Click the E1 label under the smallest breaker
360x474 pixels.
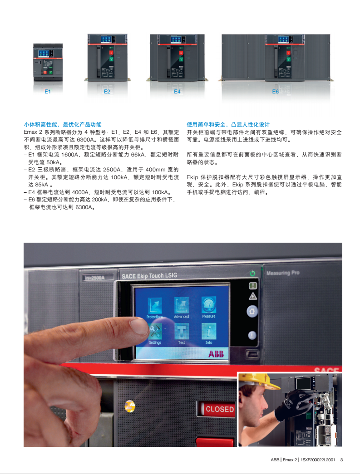[x=48, y=92]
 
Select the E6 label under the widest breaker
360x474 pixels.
[x=275, y=92]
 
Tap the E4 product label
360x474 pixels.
[x=177, y=92]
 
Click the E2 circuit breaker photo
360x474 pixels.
[x=108, y=58]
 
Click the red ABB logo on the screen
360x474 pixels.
[x=216, y=354]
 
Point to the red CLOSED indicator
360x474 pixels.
[x=217, y=409]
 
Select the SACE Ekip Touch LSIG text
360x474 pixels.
[x=149, y=276]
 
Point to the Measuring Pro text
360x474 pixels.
[x=283, y=273]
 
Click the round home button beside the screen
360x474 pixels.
[x=252, y=311]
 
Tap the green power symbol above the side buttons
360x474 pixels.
[x=252, y=274]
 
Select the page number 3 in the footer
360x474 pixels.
[x=341, y=460]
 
